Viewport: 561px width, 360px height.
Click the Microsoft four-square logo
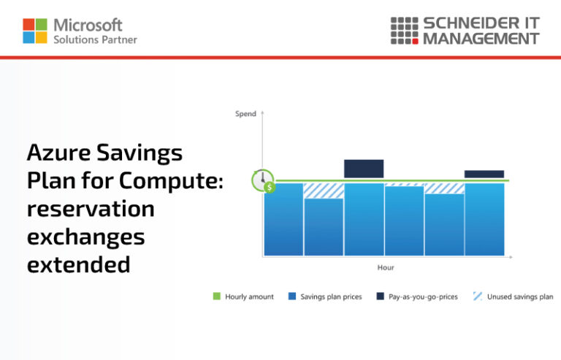click(35, 31)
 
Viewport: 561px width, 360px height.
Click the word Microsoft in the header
click(88, 26)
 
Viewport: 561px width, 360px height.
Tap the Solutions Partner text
click(95, 39)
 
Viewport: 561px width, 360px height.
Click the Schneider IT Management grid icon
click(404, 30)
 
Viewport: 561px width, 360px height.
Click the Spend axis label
click(245, 114)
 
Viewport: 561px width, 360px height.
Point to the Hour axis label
click(386, 268)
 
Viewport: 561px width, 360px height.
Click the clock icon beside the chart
click(262, 179)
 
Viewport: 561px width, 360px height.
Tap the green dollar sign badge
click(270, 188)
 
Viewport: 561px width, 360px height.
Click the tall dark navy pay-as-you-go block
click(364, 169)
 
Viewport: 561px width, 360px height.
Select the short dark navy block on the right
click(484, 174)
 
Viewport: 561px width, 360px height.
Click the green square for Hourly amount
click(216, 296)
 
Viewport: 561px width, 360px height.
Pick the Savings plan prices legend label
click(331, 297)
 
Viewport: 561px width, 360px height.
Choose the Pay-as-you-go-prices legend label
click(423, 297)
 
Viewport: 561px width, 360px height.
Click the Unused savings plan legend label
click(520, 297)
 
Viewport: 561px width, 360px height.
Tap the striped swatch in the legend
click(478, 296)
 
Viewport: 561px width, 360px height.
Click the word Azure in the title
click(59, 153)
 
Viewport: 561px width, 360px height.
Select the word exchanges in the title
click(85, 237)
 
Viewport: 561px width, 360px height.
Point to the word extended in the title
click(78, 264)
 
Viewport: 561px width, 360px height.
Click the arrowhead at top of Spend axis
click(262, 113)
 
